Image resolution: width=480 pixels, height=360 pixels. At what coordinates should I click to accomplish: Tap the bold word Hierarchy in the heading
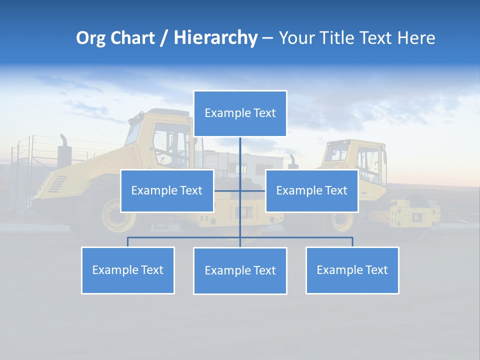point(215,38)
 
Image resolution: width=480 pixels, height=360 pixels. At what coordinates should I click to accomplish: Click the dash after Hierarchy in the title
point(267,38)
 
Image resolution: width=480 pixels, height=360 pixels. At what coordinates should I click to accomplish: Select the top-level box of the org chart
point(240,113)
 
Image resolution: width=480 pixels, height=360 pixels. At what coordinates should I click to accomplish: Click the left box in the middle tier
point(167,191)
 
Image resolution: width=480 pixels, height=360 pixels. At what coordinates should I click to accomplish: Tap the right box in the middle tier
point(311,191)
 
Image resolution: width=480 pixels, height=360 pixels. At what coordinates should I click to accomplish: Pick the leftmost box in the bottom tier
point(128,270)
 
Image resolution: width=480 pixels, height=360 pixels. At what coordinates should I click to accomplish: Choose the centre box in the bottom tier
point(240,271)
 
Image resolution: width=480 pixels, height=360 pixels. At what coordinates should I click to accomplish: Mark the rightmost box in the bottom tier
point(352,270)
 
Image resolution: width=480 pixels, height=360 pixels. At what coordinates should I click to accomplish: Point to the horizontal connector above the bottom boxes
point(185,237)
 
